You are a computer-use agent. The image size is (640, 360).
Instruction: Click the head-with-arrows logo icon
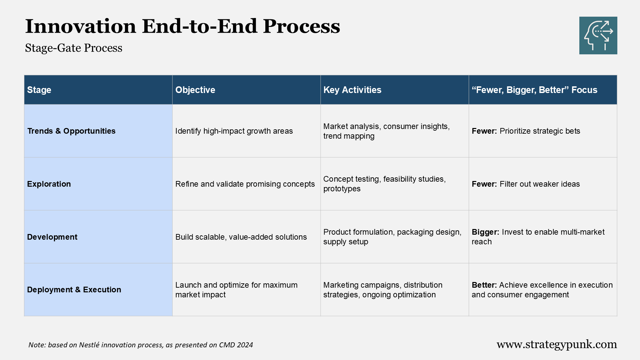coord(598,36)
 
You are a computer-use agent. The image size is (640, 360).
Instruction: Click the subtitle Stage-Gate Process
coord(74,48)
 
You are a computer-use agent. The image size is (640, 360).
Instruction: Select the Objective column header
coord(195,90)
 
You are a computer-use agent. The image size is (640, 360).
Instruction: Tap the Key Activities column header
coord(352,90)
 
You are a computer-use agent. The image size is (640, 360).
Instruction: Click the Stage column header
coord(39,90)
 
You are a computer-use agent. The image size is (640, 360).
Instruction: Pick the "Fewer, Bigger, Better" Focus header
coord(534,90)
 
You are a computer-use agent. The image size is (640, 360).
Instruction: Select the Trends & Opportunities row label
coord(71,131)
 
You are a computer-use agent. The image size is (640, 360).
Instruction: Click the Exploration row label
coord(49,184)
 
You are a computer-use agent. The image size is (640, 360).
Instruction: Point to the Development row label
coord(52,237)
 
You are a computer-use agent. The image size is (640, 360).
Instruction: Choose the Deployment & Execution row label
coord(74,290)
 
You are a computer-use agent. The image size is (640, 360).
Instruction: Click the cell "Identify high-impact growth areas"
coord(234,131)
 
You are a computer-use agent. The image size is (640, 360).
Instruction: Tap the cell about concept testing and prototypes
coord(384,184)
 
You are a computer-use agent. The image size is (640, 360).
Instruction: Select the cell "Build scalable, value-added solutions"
coord(241,237)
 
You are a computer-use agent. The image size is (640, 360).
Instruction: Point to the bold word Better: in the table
coord(484,285)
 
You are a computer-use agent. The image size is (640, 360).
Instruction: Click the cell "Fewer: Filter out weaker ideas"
coord(526,184)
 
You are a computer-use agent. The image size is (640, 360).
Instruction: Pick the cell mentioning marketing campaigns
coord(383,290)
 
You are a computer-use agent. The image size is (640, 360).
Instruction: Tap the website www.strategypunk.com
coord(557,344)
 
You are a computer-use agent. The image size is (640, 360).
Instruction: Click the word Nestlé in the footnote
coord(89,345)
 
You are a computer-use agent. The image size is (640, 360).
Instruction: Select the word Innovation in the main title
coord(81,26)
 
